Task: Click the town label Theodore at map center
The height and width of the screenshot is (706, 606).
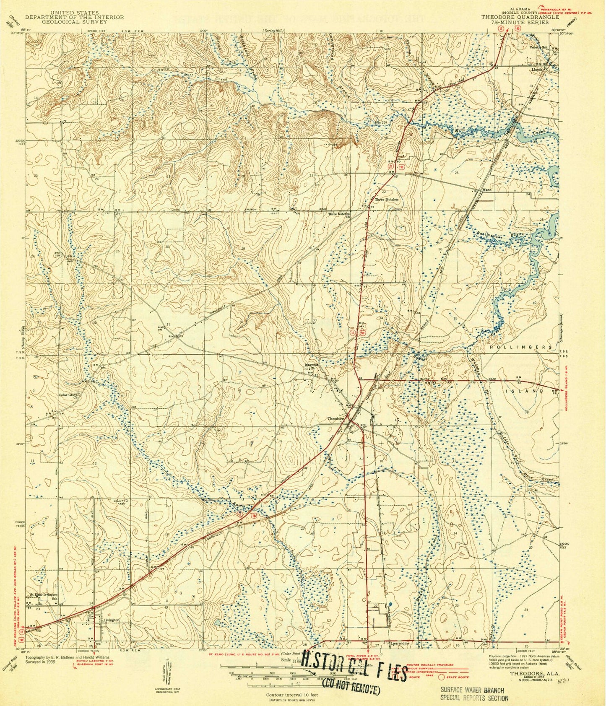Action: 336,418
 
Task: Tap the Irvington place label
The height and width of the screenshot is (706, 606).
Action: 110,620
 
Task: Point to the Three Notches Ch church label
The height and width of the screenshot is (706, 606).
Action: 339,215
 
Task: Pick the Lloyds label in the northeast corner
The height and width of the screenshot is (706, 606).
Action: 538,69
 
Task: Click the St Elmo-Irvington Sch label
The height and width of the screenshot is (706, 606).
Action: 43,596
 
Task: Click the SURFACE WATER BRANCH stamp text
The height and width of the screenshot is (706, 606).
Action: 472,690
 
